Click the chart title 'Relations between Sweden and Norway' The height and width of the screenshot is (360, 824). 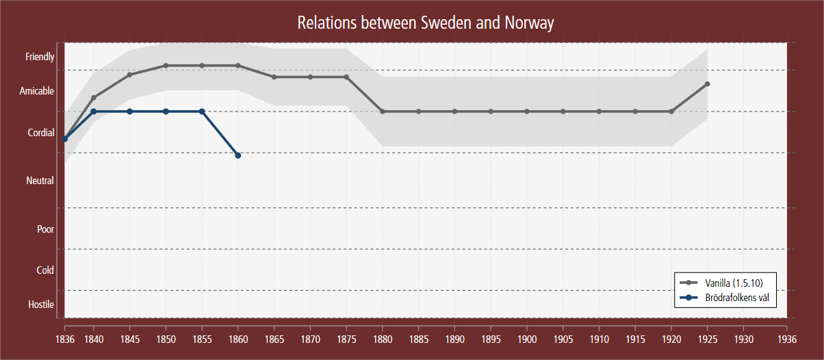tap(425, 23)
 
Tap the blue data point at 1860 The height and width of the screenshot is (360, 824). tap(238, 156)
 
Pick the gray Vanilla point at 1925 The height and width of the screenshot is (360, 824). tap(707, 83)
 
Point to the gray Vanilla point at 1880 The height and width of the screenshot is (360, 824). tap(383, 111)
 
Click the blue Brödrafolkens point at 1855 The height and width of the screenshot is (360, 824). tap(202, 111)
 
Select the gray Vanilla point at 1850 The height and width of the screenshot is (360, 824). tap(166, 66)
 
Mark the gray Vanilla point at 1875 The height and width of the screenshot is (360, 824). tap(346, 77)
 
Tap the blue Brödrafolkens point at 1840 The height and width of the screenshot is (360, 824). tap(94, 111)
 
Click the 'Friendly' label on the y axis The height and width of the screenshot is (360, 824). tap(40, 57)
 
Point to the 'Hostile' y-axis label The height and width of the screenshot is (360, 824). tap(41, 304)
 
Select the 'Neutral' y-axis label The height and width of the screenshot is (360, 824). tap(40, 181)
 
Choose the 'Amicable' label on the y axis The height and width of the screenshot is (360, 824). tap(37, 91)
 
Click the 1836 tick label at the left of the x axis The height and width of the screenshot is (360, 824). tap(64, 339)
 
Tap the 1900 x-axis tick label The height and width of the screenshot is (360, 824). tap(527, 339)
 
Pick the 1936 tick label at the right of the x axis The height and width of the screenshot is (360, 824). tap(787, 339)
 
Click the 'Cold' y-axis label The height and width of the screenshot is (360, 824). tap(45, 270)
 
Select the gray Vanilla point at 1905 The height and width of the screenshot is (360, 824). tap(563, 111)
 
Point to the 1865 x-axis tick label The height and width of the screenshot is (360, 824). tap(274, 339)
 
